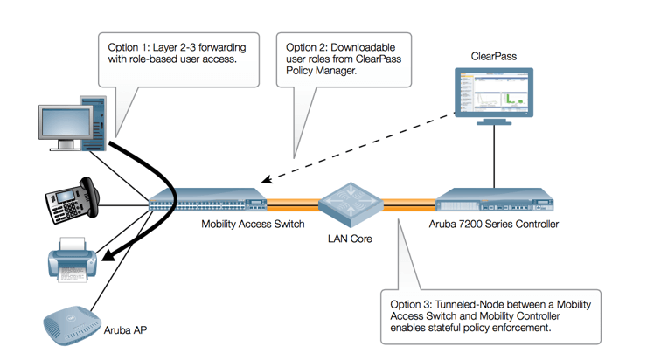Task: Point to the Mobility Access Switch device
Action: pyautogui.click(x=207, y=202)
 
